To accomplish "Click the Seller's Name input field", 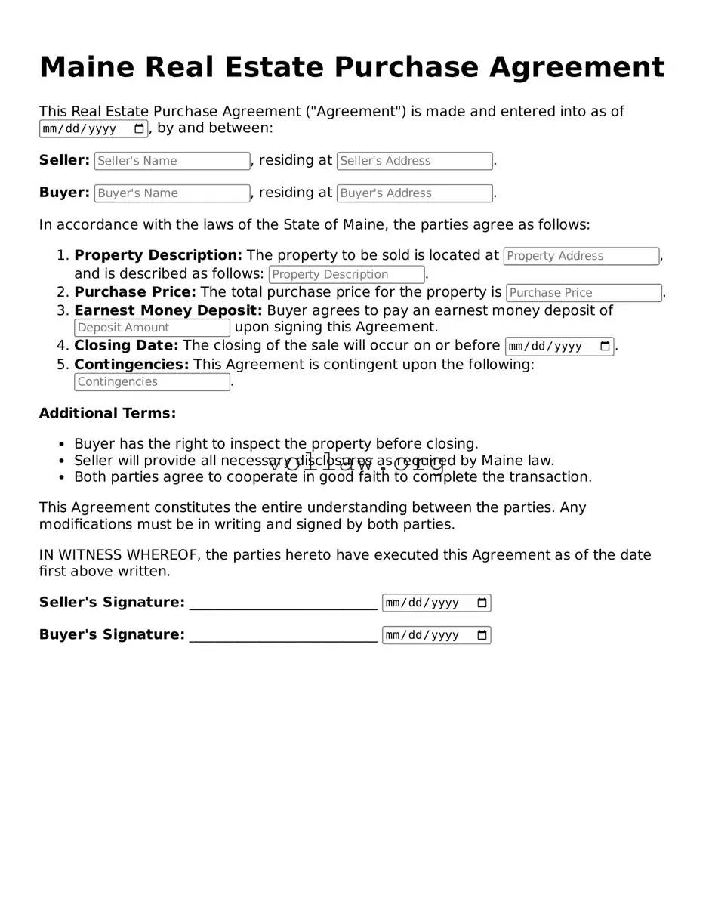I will (x=171, y=161).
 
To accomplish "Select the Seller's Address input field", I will (x=414, y=161).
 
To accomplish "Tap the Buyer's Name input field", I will (x=171, y=193).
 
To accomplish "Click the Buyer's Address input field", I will (x=414, y=193).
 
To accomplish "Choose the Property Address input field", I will (x=581, y=256).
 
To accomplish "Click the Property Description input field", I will (x=347, y=275).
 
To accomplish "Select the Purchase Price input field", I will (x=584, y=293).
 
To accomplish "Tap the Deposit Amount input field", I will (x=152, y=328).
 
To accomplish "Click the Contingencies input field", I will (x=152, y=382).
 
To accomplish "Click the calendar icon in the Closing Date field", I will (x=605, y=347).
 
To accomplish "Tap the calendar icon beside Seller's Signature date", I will (x=482, y=603).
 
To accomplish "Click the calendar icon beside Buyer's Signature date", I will (x=482, y=635).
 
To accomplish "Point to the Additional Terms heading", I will (x=107, y=413).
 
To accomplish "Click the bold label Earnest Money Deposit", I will (x=168, y=310).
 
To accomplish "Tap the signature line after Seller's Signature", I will (x=283, y=603).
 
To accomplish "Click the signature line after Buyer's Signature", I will (x=283, y=636).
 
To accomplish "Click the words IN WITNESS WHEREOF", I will (x=119, y=555).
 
